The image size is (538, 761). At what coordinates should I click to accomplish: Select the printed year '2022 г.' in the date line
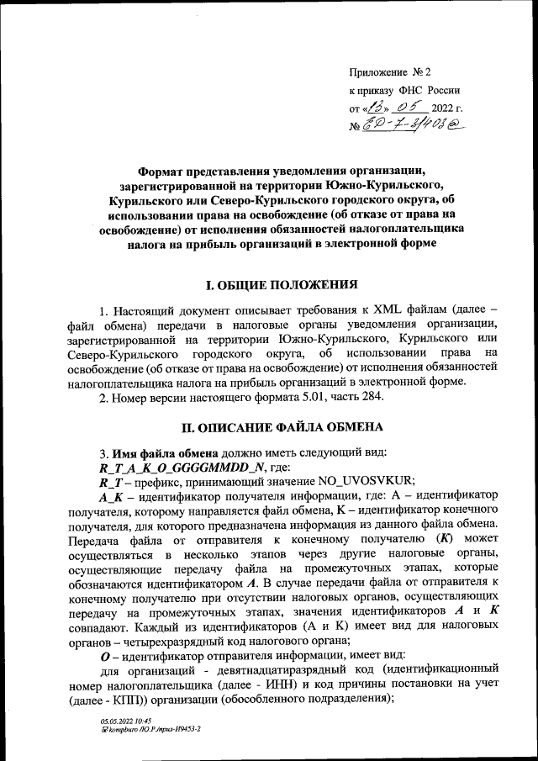pyautogui.click(x=446, y=108)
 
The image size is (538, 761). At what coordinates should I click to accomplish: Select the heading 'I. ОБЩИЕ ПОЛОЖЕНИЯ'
pyautogui.click(x=275, y=285)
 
